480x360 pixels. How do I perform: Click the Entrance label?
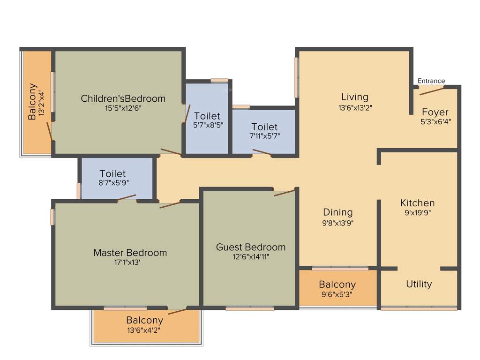(x=431, y=81)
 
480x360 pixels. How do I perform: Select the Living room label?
(x=355, y=97)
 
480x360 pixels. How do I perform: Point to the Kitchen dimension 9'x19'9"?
(x=417, y=212)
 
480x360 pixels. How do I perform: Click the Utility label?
(x=419, y=284)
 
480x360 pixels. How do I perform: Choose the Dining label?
(x=337, y=212)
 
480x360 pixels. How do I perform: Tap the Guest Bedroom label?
(x=250, y=247)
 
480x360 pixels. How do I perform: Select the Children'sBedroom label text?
(x=123, y=98)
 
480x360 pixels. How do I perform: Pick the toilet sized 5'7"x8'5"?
(x=207, y=120)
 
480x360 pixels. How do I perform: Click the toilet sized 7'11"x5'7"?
(x=264, y=131)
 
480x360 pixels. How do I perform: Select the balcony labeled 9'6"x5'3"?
(x=337, y=289)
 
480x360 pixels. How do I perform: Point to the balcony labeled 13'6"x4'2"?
(x=144, y=325)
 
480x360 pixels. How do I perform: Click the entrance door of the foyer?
(x=432, y=90)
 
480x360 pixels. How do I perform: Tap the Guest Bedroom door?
(x=284, y=192)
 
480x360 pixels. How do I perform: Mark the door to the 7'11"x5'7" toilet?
(x=262, y=152)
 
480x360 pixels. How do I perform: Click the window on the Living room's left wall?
(x=296, y=77)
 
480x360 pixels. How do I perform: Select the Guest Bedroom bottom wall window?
(x=249, y=308)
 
